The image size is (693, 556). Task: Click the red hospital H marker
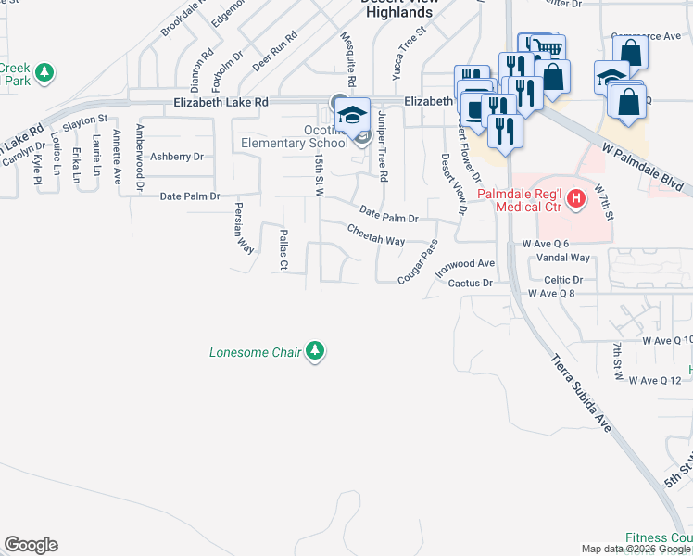(x=576, y=197)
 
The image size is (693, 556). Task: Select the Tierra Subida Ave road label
(x=582, y=393)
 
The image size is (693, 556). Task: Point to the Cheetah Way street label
(x=376, y=235)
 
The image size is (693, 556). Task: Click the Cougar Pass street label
(x=417, y=264)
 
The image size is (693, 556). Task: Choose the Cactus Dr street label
(x=470, y=283)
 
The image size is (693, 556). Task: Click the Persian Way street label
(x=244, y=228)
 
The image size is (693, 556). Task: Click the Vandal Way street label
(x=563, y=258)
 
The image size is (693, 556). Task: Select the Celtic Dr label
(x=563, y=279)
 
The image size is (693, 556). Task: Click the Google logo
(x=31, y=545)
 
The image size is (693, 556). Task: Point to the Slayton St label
(x=86, y=120)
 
